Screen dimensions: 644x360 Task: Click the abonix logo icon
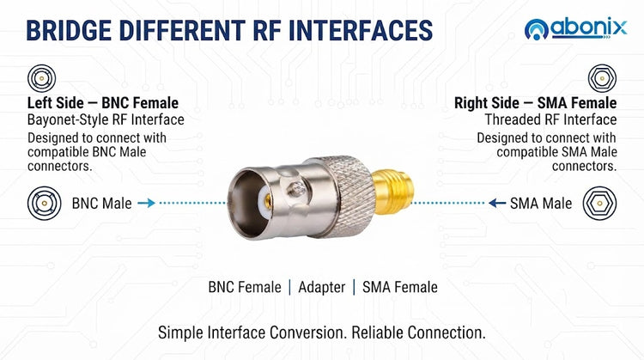point(537,29)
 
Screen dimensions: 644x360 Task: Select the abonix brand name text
point(588,28)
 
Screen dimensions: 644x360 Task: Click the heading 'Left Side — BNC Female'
point(103,103)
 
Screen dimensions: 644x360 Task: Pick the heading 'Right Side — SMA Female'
point(535,103)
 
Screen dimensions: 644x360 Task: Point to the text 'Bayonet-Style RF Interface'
point(106,119)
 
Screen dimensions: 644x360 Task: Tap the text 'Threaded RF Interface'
point(550,119)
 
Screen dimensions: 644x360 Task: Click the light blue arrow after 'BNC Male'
point(146,203)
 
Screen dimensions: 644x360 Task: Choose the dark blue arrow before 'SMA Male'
point(497,203)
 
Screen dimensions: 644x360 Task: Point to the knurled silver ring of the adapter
point(347,197)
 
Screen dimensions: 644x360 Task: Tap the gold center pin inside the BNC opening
point(267,201)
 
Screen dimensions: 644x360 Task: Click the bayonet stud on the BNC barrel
point(296,189)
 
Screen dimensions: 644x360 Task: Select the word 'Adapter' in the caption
point(322,287)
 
